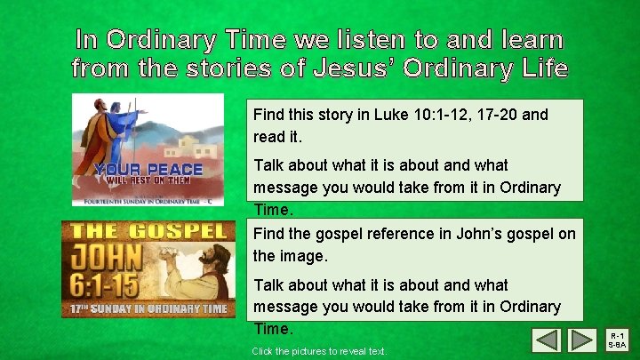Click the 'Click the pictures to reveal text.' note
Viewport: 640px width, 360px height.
[x=319, y=352]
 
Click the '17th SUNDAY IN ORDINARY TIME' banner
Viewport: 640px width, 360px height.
[x=148, y=309]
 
